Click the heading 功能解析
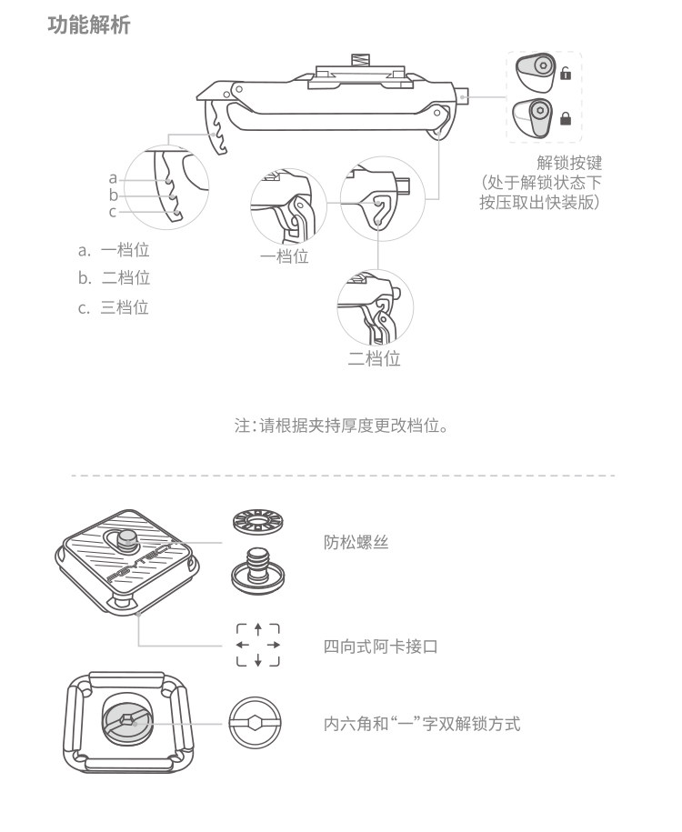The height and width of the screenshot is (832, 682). tap(89, 25)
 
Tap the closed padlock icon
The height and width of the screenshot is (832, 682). tap(565, 118)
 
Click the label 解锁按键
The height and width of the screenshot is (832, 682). tap(569, 164)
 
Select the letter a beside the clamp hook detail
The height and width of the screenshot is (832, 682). tap(113, 177)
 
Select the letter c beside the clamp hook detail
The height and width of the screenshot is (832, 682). tap(113, 212)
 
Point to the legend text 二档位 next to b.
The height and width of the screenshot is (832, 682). tap(125, 278)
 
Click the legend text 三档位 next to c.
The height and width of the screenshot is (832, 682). tap(125, 307)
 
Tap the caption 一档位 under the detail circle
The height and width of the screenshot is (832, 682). tap(285, 256)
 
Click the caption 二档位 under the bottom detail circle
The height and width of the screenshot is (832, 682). tap(375, 358)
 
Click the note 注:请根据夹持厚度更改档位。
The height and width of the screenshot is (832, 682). tap(341, 425)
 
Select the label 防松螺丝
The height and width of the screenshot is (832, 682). tap(356, 542)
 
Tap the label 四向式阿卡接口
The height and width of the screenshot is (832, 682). tap(381, 647)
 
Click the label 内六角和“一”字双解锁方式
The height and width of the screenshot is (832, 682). tap(422, 724)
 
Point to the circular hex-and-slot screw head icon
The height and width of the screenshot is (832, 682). tap(256, 724)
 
